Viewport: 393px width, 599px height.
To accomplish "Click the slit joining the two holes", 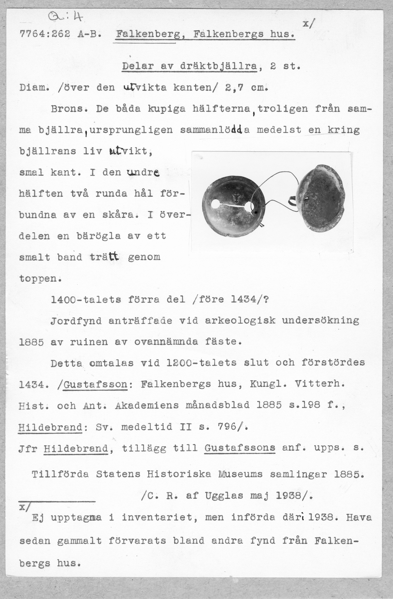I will click(x=231, y=205).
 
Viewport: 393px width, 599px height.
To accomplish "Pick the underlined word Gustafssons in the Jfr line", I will click(x=240, y=448).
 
